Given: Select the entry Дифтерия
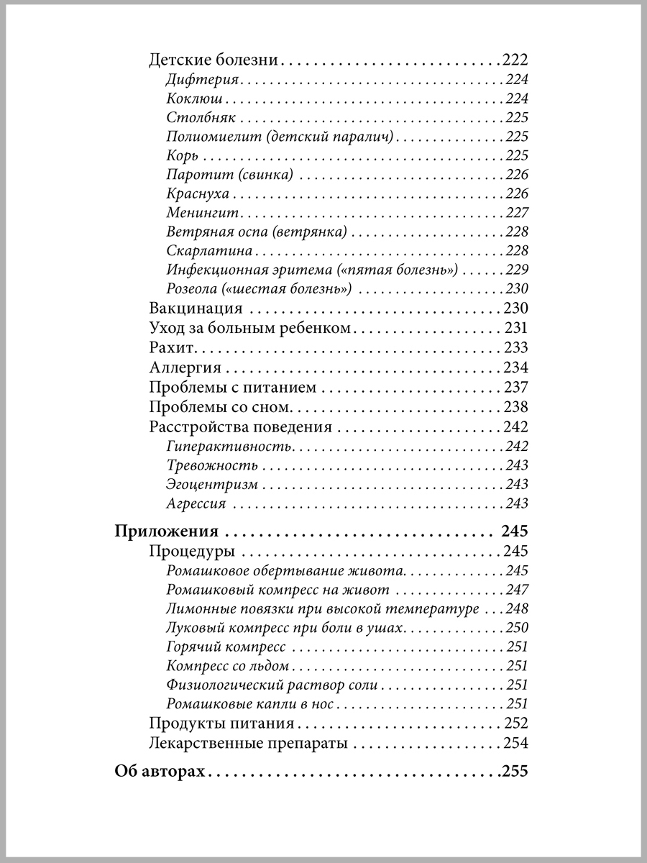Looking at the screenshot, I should pyautogui.click(x=203, y=80).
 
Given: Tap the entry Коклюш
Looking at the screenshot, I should pyautogui.click(x=194, y=99).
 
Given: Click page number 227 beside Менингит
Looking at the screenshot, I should pyautogui.click(x=517, y=213).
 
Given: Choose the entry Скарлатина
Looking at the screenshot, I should pyautogui.click(x=209, y=251).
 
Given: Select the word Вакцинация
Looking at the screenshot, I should pyautogui.click(x=196, y=309).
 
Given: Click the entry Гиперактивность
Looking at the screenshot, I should pyautogui.click(x=228, y=447).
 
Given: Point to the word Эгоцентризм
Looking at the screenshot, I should pyautogui.click(x=211, y=485).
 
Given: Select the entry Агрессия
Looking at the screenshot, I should pyautogui.click(x=196, y=504).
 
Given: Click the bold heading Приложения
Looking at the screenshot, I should pyautogui.click(x=166, y=533).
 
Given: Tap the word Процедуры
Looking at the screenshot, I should pyautogui.click(x=192, y=552).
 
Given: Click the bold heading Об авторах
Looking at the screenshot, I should pyautogui.click(x=160, y=773).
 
